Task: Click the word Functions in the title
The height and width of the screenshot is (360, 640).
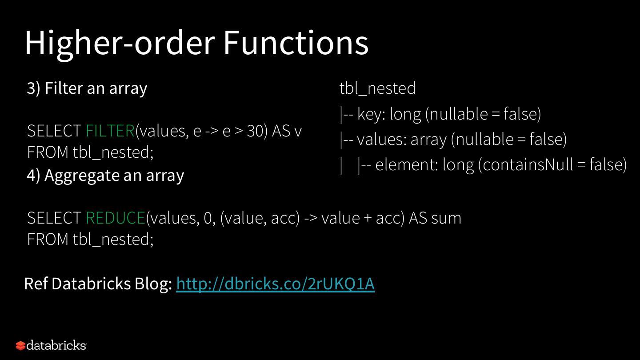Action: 296,43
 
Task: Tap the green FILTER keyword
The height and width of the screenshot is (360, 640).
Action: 110,131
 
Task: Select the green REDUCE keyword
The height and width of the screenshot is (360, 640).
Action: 116,218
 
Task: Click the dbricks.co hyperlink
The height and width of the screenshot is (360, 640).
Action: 275,284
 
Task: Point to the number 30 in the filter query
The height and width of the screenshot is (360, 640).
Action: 255,131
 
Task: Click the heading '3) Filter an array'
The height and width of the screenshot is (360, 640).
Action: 87,88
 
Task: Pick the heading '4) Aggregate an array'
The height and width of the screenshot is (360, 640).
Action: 105,176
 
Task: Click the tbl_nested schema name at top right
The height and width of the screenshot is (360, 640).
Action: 377,88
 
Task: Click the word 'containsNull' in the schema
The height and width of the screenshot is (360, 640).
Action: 527,165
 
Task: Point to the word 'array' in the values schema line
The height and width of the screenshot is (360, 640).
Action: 428,140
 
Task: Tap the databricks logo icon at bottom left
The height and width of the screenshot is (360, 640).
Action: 20,345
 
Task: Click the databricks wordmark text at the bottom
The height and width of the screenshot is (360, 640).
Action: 56,345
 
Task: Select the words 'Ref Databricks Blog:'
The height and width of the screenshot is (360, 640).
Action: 98,284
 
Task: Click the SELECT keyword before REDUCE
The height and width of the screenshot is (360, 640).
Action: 54,218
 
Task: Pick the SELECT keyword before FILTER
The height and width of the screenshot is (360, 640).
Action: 54,131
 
